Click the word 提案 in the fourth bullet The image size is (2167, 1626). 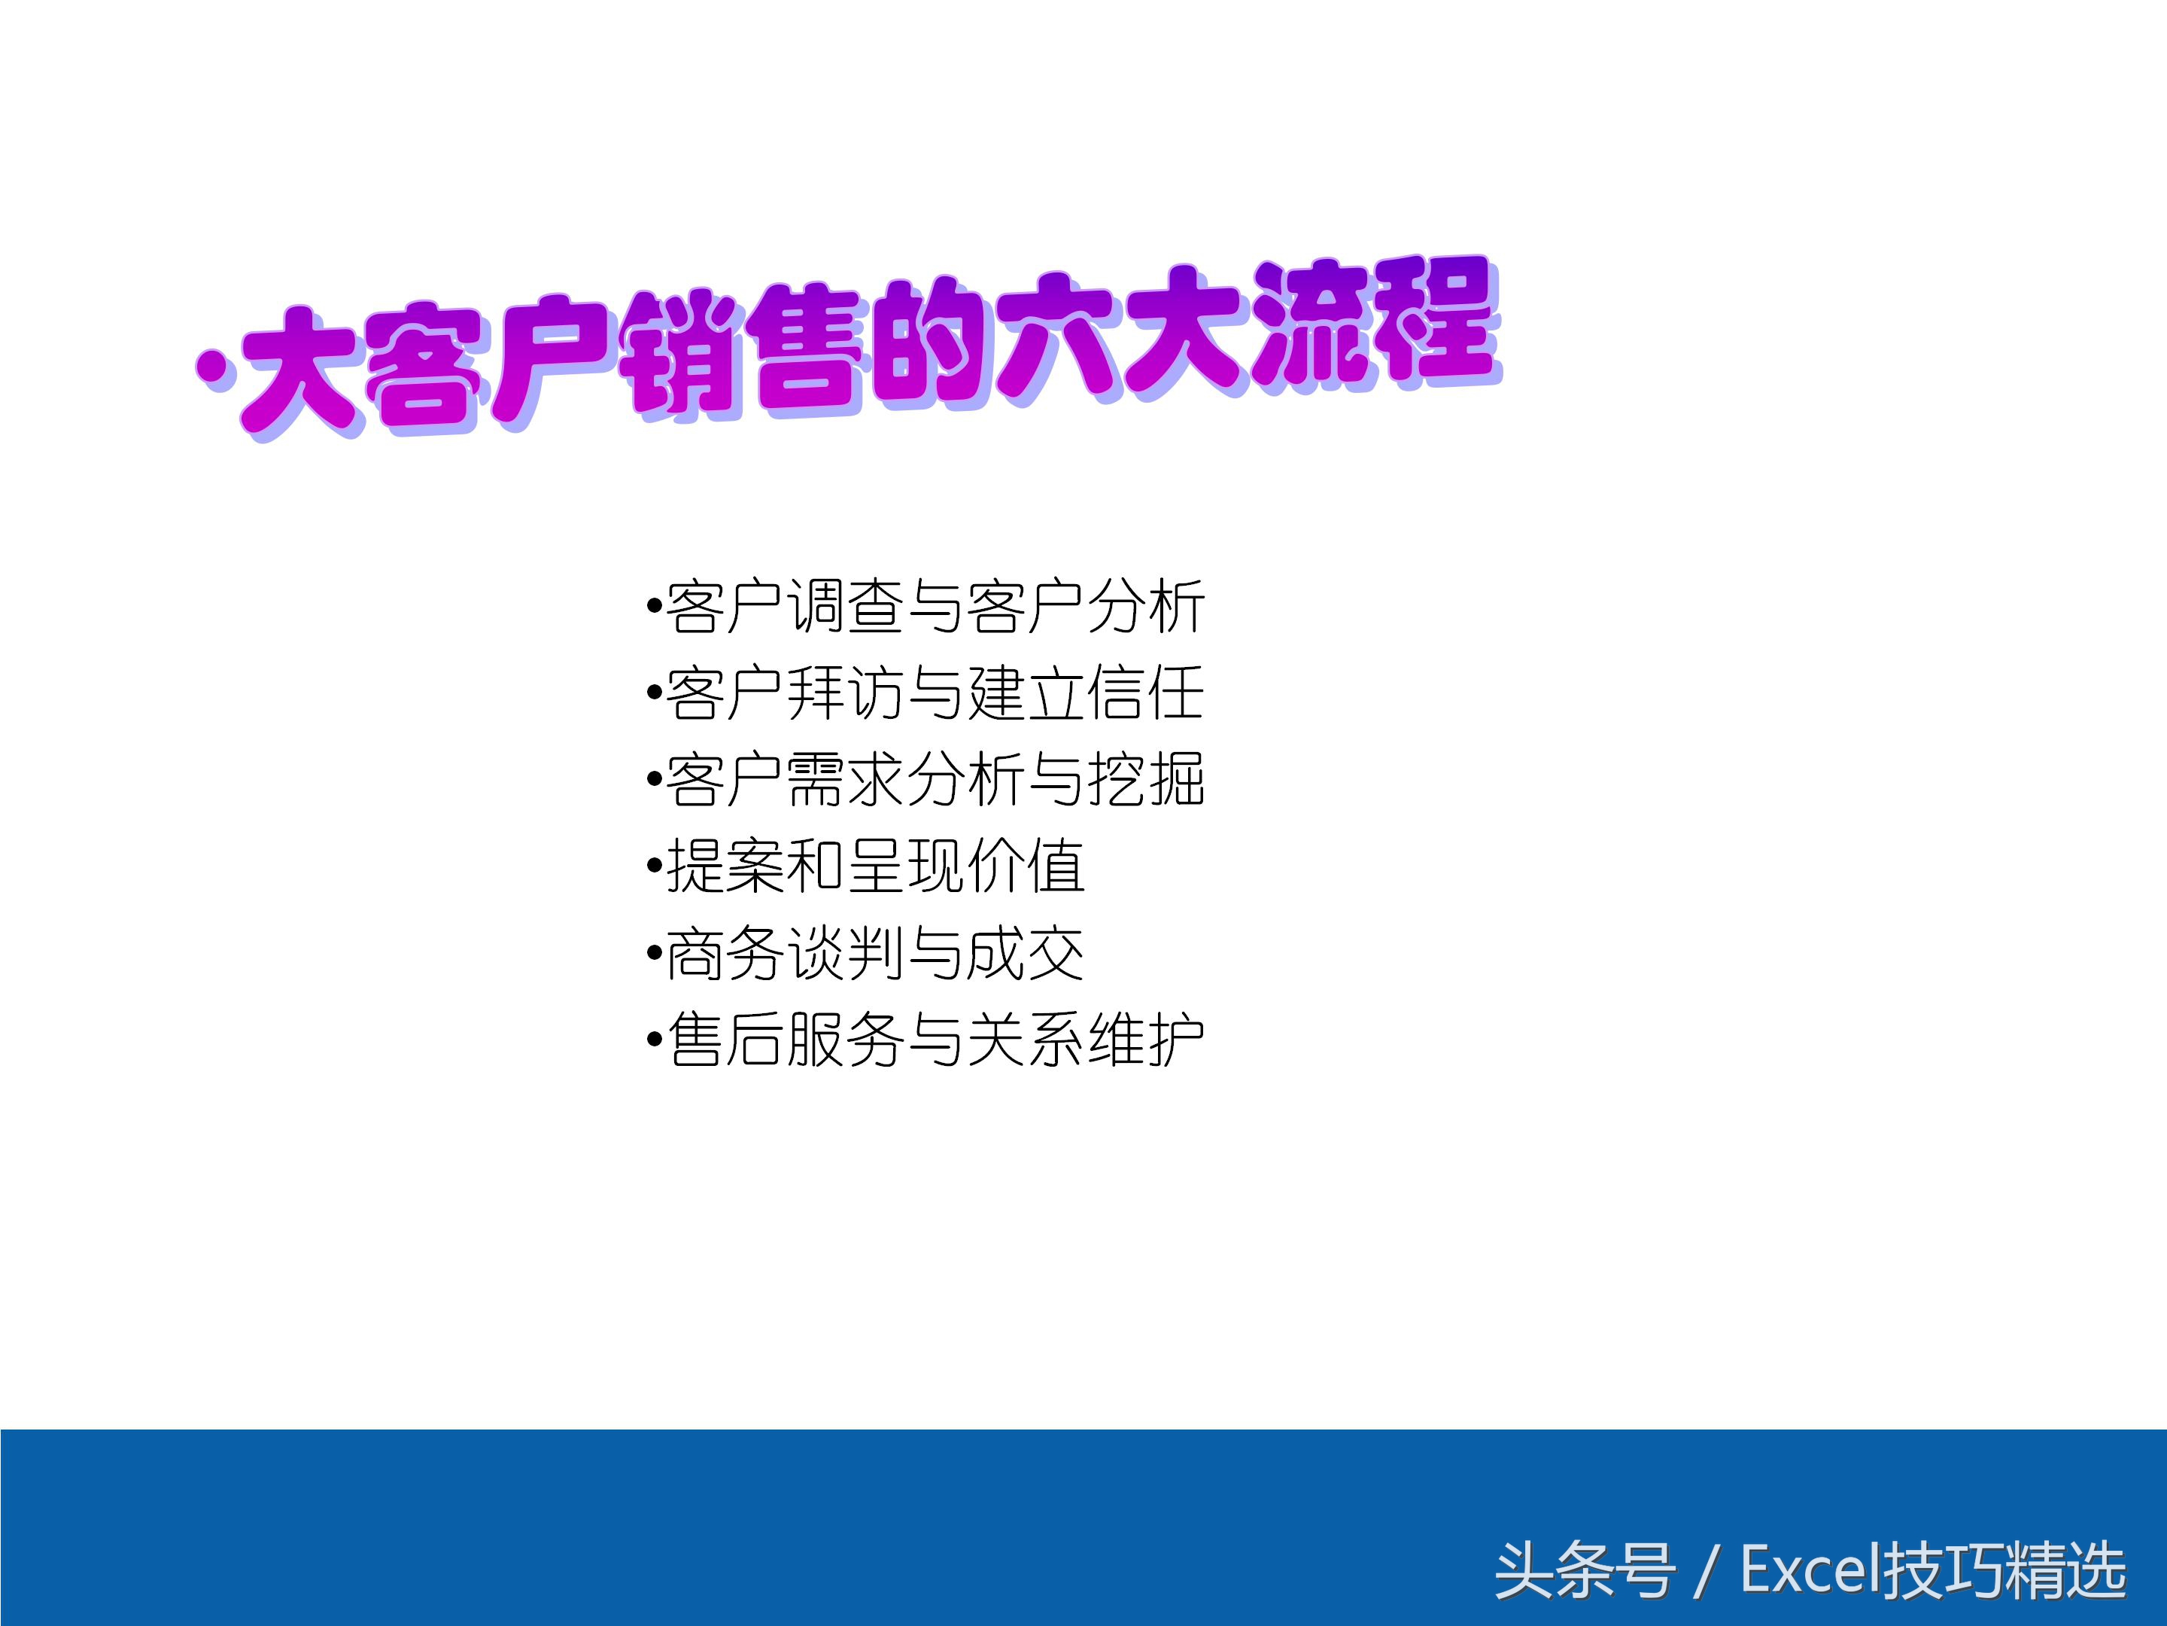pos(725,866)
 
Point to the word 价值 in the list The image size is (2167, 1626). pos(1026,866)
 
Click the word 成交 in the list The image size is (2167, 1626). pos(1026,954)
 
